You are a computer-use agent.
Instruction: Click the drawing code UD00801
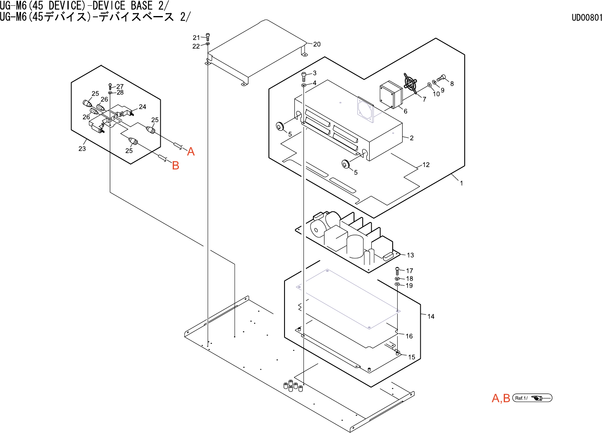586,18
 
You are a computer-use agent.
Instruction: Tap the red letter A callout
191,152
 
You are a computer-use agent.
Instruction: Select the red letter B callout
176,165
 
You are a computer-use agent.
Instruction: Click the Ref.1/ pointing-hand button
532,398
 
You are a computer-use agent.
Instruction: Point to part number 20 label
317,44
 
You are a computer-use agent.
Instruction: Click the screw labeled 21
208,37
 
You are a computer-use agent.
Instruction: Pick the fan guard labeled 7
410,84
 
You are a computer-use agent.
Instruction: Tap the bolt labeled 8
442,77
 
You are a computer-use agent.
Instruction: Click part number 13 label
410,255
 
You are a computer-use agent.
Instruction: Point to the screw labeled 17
397,271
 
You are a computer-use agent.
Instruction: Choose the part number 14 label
431,316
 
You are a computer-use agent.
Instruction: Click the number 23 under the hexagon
82,148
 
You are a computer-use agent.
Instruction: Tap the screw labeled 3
304,75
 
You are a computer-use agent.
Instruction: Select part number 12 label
426,165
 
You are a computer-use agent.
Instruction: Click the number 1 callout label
461,183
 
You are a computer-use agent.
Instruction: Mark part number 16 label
409,336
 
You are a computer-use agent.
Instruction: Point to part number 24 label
142,107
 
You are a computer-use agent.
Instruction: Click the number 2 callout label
412,138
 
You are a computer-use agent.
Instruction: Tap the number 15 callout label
412,357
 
